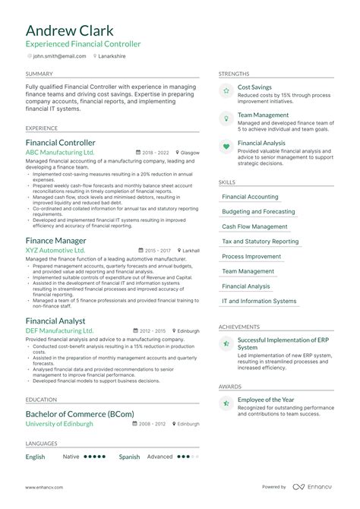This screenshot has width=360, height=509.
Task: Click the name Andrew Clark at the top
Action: [x=69, y=30]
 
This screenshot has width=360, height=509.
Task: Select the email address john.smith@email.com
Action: [x=59, y=55]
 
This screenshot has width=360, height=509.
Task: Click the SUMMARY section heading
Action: [x=39, y=74]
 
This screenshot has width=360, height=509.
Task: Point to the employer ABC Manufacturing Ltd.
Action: [x=60, y=153]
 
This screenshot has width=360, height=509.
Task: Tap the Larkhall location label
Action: [x=191, y=250]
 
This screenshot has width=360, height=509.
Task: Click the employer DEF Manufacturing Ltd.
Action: [x=60, y=330]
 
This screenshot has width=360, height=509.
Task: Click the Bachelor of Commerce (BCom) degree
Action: [x=80, y=413]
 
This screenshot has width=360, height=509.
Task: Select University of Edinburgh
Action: [x=59, y=424]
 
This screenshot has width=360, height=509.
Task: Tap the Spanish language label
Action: [x=129, y=457]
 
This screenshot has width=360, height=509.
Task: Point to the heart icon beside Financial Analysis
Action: [x=226, y=147]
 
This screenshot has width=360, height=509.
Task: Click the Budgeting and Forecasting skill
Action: [x=258, y=212]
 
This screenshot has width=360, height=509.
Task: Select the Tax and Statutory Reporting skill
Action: [x=260, y=242]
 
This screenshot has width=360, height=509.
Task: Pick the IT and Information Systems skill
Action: [x=259, y=302]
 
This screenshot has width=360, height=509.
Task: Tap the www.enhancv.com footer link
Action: [x=43, y=487]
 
